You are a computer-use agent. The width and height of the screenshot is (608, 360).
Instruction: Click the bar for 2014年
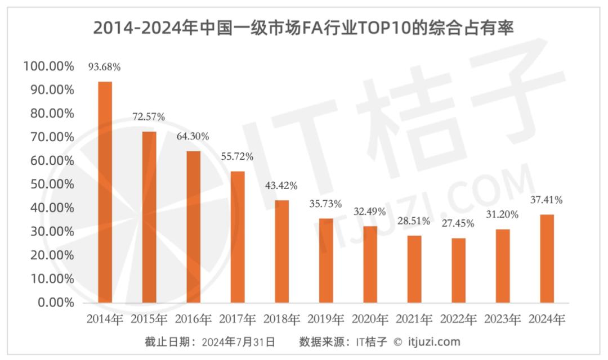105,192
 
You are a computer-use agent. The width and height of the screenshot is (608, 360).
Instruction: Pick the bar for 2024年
547,258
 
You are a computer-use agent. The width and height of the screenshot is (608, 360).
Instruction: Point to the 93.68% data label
105,67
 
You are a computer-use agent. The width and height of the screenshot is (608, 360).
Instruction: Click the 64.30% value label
193,136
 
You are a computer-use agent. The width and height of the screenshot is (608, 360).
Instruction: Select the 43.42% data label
281,186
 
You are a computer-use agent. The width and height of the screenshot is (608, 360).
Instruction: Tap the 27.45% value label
458,223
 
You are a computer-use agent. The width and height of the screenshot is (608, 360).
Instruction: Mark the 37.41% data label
547,200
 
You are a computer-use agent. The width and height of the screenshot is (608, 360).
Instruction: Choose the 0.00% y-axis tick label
55,303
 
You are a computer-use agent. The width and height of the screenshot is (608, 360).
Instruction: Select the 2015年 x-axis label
149,319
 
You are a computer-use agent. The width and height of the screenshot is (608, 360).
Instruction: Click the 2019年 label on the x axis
326,319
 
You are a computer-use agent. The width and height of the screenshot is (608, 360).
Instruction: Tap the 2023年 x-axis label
503,319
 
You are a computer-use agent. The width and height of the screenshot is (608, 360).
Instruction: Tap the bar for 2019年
326,260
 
